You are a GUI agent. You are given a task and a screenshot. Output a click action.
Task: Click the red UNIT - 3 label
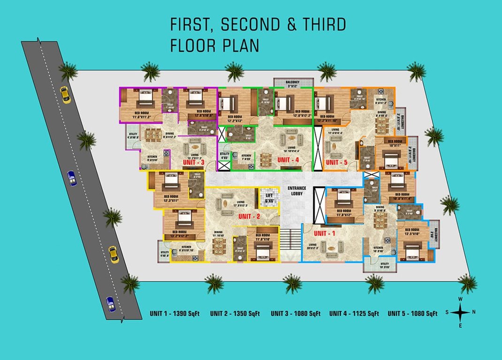click(193, 162)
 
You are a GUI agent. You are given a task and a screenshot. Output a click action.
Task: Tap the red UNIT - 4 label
click(288, 160)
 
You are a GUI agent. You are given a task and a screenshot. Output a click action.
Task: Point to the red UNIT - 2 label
click(249, 217)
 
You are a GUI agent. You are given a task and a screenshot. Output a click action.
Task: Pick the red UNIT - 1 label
click(326, 233)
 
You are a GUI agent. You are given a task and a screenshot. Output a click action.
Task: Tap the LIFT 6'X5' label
click(269, 198)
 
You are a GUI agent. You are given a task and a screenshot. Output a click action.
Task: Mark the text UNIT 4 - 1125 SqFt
click(354, 314)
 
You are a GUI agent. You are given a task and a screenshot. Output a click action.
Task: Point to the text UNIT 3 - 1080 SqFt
click(296, 314)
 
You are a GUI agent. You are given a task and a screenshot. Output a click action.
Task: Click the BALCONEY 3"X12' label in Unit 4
click(293, 83)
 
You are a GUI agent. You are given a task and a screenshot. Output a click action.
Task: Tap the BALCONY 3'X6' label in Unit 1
click(435, 233)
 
